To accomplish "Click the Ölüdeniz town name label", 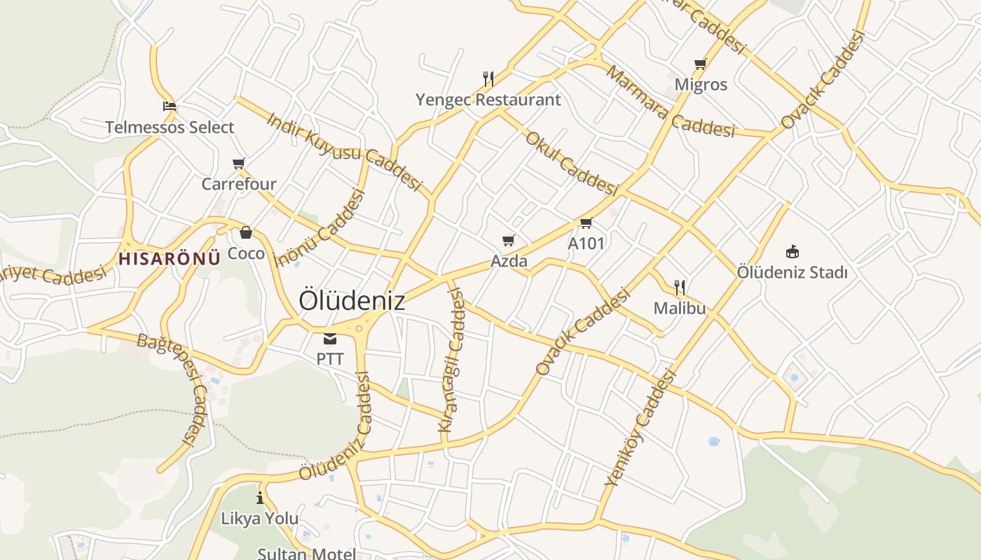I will (x=352, y=300).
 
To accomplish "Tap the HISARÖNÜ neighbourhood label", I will (x=169, y=258).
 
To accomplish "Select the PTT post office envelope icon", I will (x=330, y=339).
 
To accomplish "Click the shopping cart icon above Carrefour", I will (x=239, y=164).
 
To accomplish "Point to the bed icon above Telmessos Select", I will (x=169, y=107).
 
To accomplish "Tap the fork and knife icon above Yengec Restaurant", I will (x=488, y=78).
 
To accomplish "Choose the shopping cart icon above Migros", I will (x=700, y=64).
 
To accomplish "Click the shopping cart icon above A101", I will (x=586, y=223).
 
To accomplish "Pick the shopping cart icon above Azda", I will (x=509, y=241).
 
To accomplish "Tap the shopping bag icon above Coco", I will (x=246, y=232).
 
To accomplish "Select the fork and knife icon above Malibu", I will (x=679, y=287).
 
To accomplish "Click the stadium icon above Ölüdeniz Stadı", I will (x=793, y=251).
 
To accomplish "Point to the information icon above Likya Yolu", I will (x=260, y=498).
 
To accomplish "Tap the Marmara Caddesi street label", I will (x=670, y=101).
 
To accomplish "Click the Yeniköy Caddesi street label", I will (x=640, y=428).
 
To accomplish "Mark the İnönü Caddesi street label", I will (x=321, y=229).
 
